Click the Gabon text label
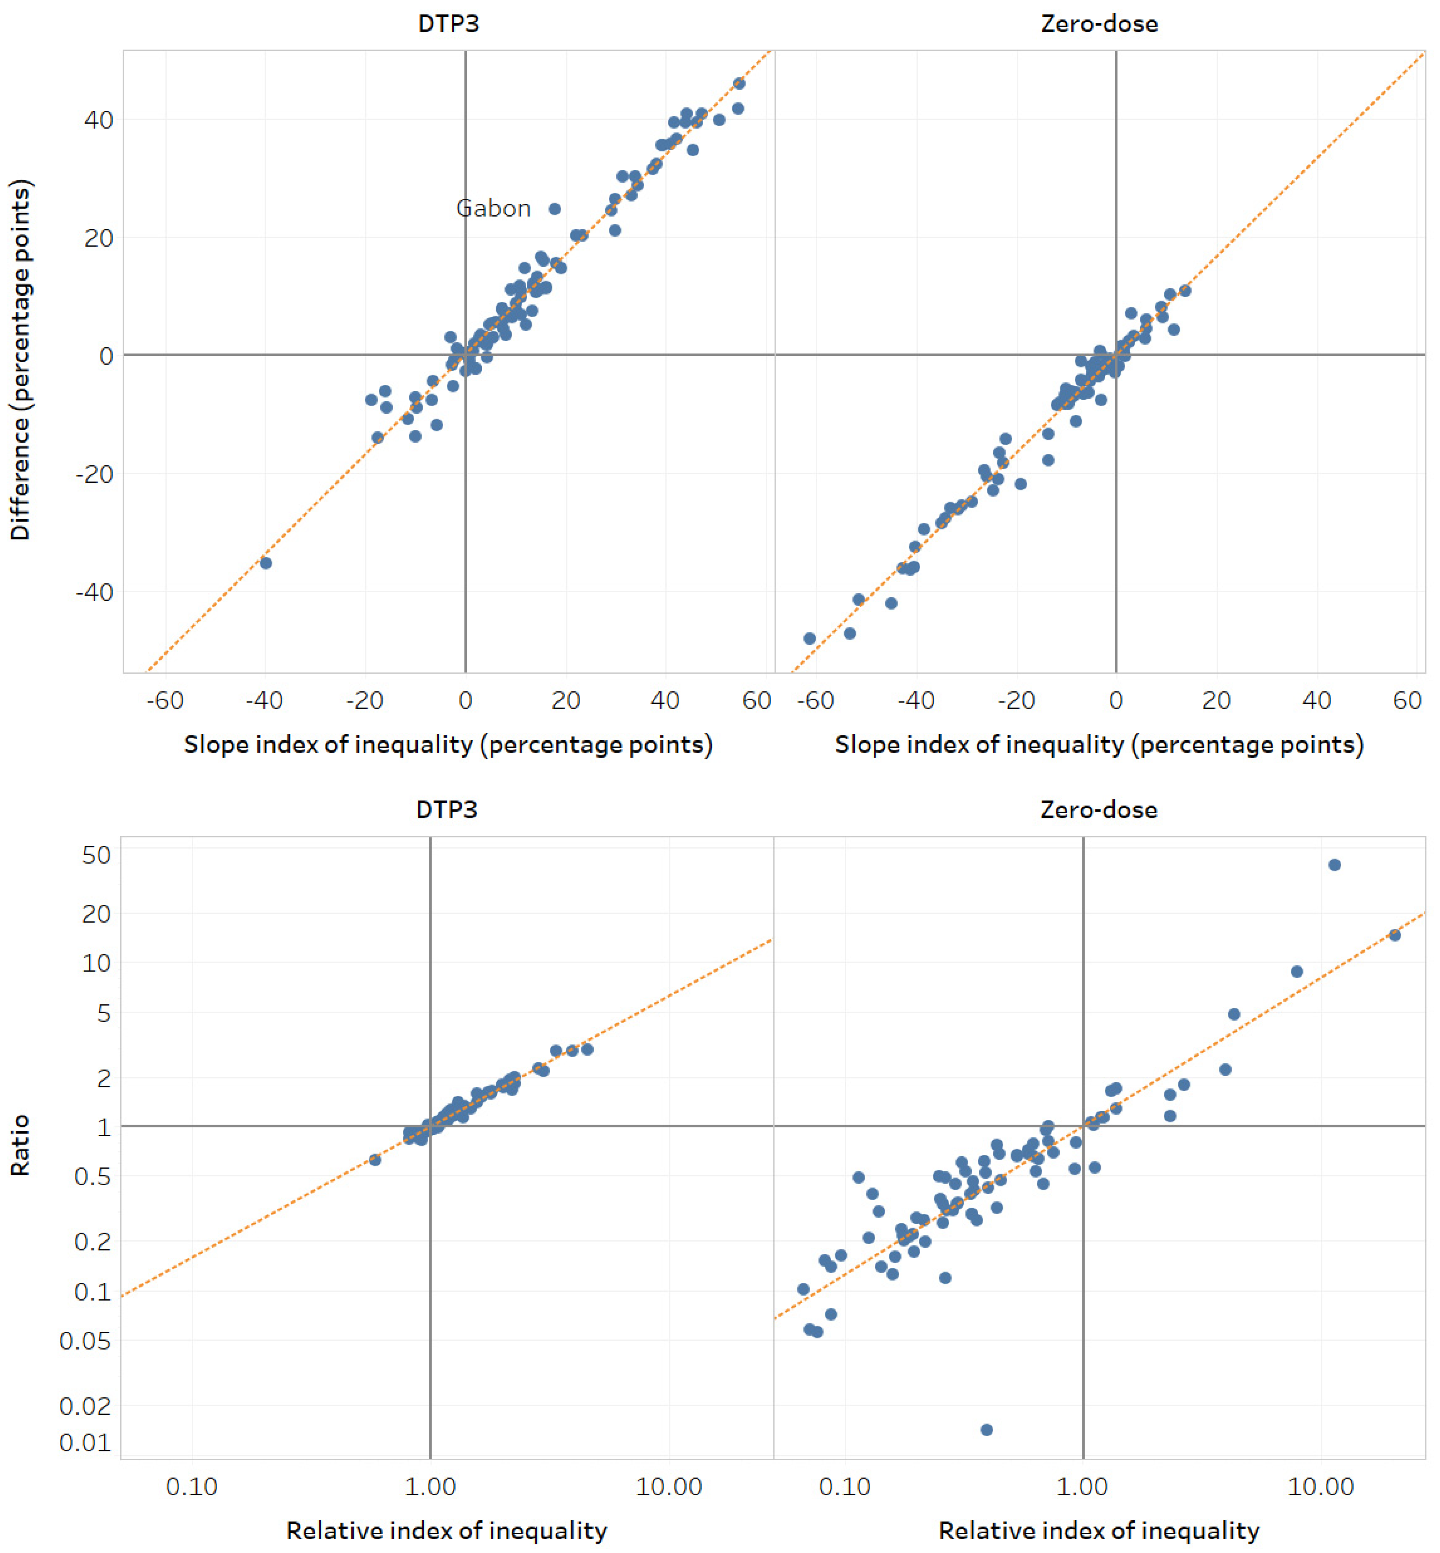[493, 209]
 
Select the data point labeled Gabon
[555, 209]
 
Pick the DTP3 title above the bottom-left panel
[446, 810]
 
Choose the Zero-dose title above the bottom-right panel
[1099, 810]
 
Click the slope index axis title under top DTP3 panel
[448, 744]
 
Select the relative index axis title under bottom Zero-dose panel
[1099, 1530]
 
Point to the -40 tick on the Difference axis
[94, 592]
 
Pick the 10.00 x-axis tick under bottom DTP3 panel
[669, 1486]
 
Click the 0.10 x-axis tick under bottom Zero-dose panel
[845, 1486]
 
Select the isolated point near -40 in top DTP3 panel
[266, 563]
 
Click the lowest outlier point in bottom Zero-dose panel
[986, 1429]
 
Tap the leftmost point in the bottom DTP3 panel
[375, 1160]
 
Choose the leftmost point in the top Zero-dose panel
[809, 638]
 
